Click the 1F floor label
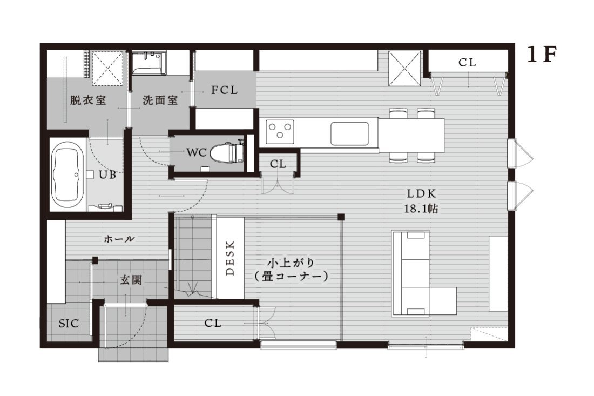542,55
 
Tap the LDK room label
422,193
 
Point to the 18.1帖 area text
421,209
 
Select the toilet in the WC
226,152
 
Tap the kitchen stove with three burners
280,132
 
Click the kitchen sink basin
350,133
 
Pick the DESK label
230,258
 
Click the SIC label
69,324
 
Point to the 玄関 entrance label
131,280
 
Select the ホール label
119,239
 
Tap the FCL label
224,90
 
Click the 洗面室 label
160,100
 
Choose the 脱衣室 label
88,100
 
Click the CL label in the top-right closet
467,63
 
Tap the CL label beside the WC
278,164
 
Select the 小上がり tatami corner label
291,263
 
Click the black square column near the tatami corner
341,217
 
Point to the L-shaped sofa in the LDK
424,273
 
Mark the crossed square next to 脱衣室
109,69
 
